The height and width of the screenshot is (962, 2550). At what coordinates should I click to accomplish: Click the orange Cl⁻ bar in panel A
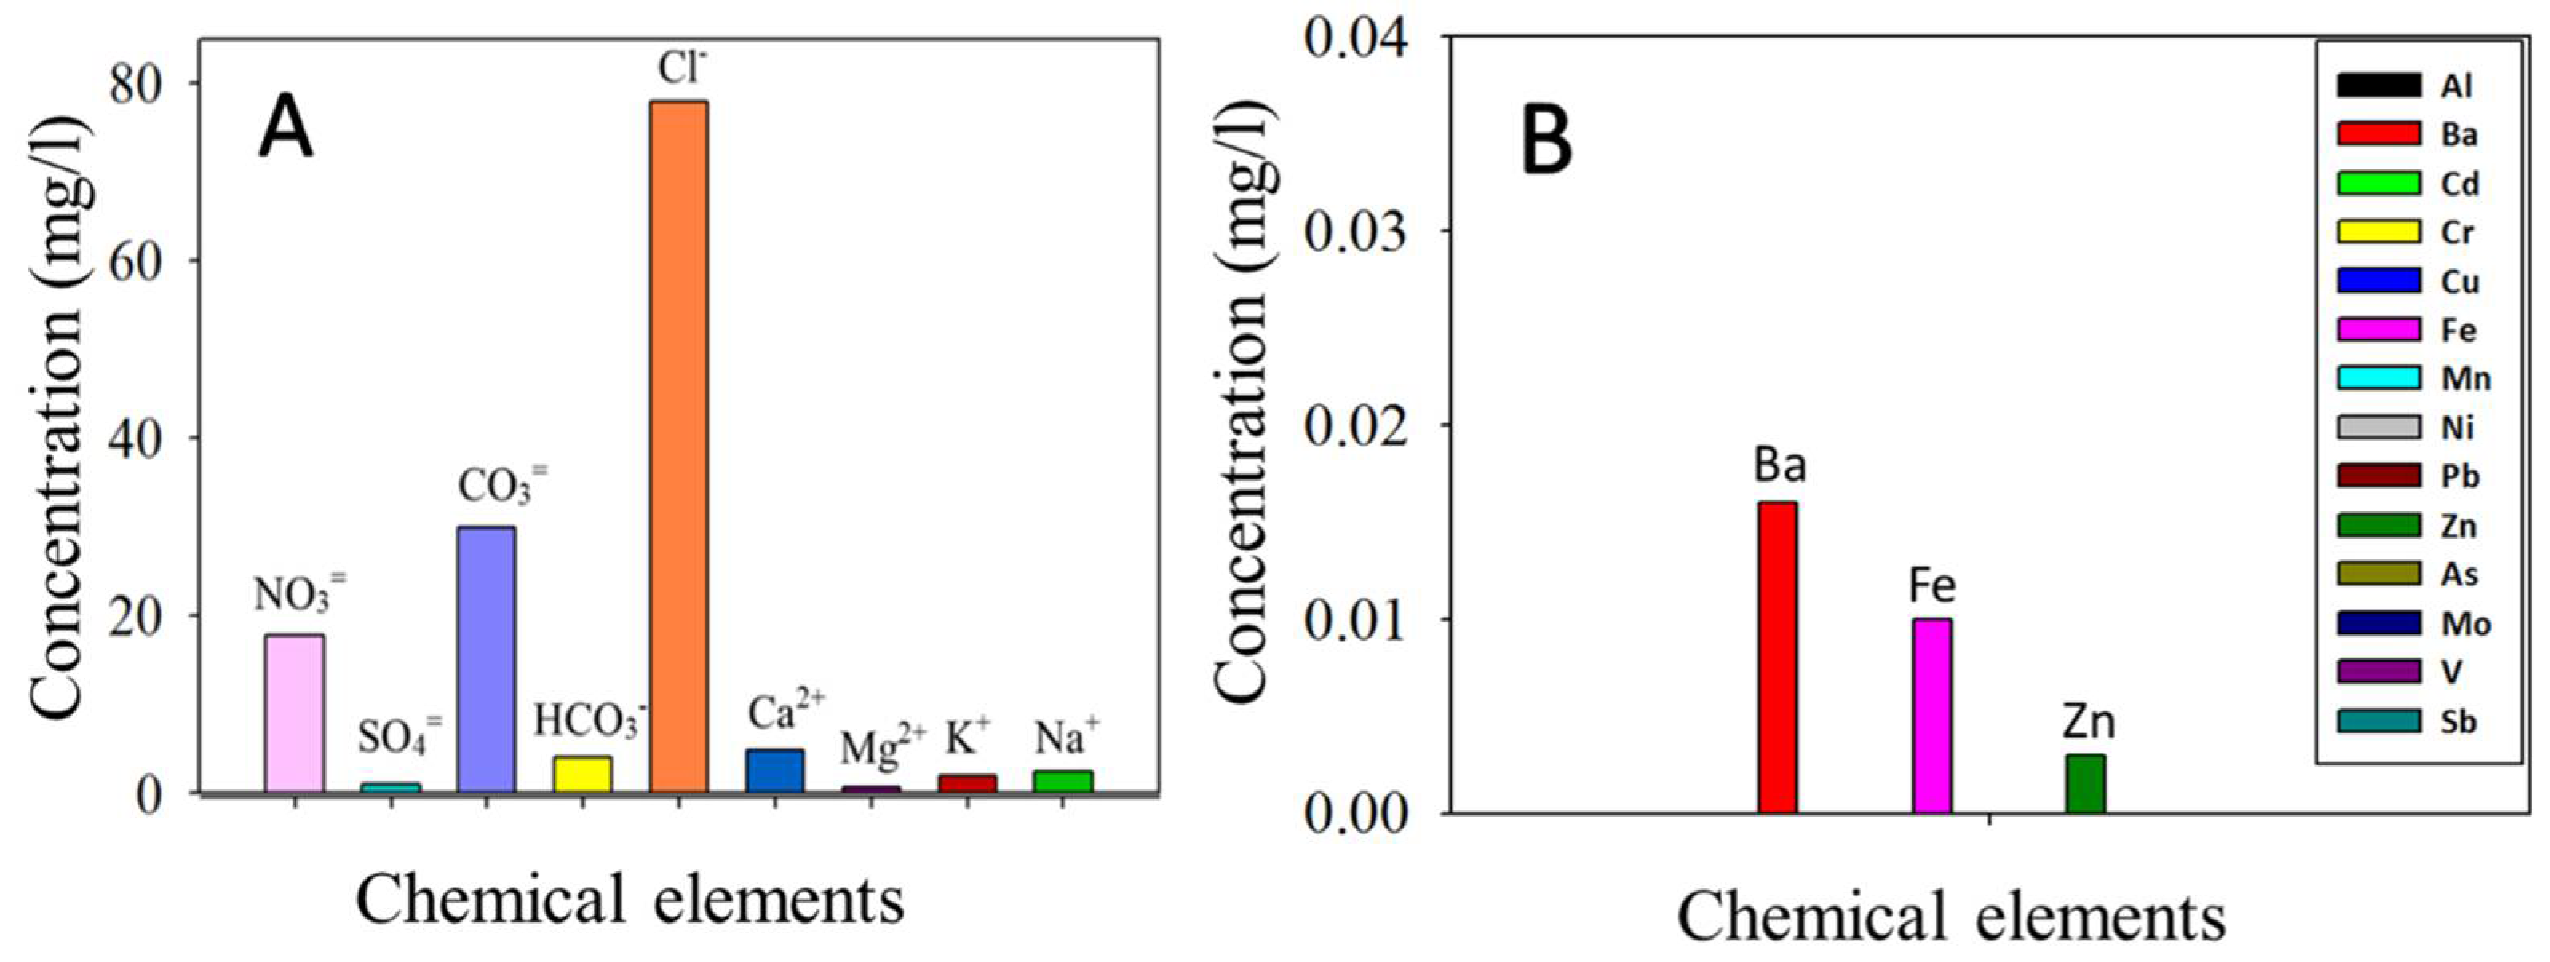(x=678, y=445)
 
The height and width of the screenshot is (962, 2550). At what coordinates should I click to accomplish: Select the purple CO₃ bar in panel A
(x=486, y=658)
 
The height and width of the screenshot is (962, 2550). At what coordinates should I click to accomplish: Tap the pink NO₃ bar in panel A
(x=294, y=713)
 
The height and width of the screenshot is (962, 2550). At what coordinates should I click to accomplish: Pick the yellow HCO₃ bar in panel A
(x=582, y=774)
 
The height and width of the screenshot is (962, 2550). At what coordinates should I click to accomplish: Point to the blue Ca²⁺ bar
(x=774, y=771)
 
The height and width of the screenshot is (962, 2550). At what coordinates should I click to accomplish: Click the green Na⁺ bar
(x=1062, y=781)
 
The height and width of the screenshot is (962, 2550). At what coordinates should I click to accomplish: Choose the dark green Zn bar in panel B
(x=2085, y=784)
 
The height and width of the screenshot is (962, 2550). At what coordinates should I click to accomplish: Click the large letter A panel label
(x=285, y=133)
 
